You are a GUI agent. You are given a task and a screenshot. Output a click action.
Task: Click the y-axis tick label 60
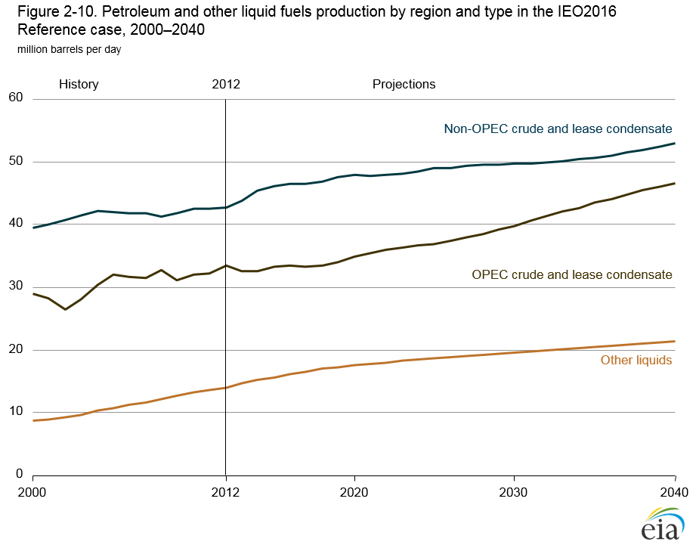[x=16, y=98]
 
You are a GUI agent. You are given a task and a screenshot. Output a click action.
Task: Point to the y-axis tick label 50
[x=16, y=161]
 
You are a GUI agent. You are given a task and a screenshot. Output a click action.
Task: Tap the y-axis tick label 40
[x=16, y=224]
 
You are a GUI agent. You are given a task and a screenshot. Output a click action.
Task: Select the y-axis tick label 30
[x=16, y=286]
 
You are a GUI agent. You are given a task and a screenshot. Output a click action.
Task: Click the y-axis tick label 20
[x=16, y=349]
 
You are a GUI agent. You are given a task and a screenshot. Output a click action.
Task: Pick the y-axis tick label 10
[x=16, y=412]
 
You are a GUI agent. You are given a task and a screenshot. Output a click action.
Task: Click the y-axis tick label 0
[x=20, y=475]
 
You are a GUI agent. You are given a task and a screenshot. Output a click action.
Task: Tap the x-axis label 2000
[x=33, y=491]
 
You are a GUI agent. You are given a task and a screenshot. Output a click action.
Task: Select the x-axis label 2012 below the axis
[x=225, y=491]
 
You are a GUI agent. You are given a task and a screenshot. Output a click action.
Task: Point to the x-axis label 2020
[x=354, y=491]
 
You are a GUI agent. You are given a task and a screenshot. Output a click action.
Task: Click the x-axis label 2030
[x=514, y=491]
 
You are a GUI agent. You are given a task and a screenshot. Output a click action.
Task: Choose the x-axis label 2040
[x=673, y=491]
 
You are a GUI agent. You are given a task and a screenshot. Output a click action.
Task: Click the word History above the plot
[x=79, y=84]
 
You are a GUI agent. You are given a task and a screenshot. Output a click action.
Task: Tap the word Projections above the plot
[x=404, y=84]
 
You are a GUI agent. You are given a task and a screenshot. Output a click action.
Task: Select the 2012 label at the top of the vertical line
[x=225, y=84]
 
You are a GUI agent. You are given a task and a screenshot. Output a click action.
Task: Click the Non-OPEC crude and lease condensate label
[x=558, y=129]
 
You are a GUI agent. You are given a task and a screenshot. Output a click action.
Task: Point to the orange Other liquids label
[x=636, y=361]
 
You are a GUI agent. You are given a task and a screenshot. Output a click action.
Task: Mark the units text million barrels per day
[x=64, y=49]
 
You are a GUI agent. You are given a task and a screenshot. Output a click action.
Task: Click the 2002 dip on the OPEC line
[x=65, y=309]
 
